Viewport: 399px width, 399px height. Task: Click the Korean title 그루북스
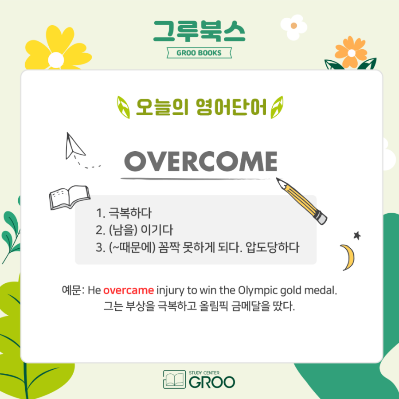tap(199, 31)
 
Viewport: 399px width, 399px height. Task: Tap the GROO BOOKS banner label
tap(199, 53)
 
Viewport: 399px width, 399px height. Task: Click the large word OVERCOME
tap(200, 161)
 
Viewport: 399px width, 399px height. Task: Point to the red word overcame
tap(129, 290)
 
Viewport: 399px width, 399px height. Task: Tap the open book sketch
tap(70, 197)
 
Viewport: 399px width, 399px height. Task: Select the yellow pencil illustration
tap(302, 201)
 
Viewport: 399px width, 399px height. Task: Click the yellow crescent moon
tap(348, 257)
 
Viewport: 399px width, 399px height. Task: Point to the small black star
tap(357, 235)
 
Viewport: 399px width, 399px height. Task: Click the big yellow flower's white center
tap(56, 60)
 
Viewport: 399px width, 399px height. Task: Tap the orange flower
tap(351, 52)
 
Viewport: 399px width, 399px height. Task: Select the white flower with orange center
tap(294, 27)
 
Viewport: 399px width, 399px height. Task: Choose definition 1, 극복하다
tap(124, 213)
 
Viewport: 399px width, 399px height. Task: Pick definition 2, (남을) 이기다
tap(134, 230)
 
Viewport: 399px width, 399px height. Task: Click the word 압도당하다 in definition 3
tap(272, 247)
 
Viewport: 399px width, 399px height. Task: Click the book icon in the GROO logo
tap(175, 379)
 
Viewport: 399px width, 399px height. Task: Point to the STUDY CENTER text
tap(204, 373)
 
